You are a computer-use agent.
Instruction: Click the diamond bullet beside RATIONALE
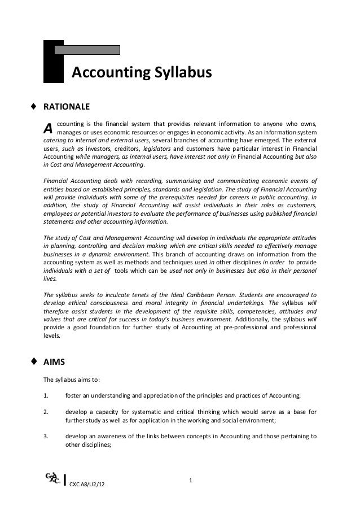(34, 106)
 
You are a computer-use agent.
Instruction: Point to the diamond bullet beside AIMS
(34, 363)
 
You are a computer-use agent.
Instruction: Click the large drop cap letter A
(49, 128)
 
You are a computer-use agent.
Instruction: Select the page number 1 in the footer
(191, 481)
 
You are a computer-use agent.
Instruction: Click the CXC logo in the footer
(50, 481)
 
